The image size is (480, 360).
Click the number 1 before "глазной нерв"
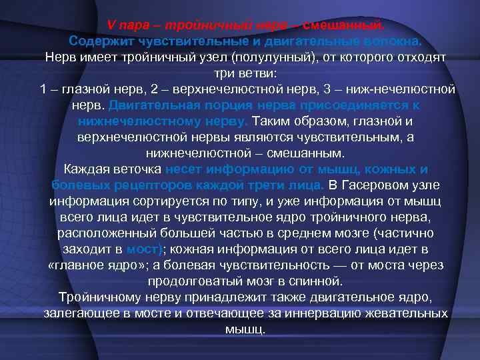(43, 89)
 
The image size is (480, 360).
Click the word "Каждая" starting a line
(81, 169)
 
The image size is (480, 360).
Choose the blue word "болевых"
(76, 184)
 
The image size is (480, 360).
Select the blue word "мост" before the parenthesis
(141, 249)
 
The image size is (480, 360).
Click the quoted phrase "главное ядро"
(93, 265)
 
